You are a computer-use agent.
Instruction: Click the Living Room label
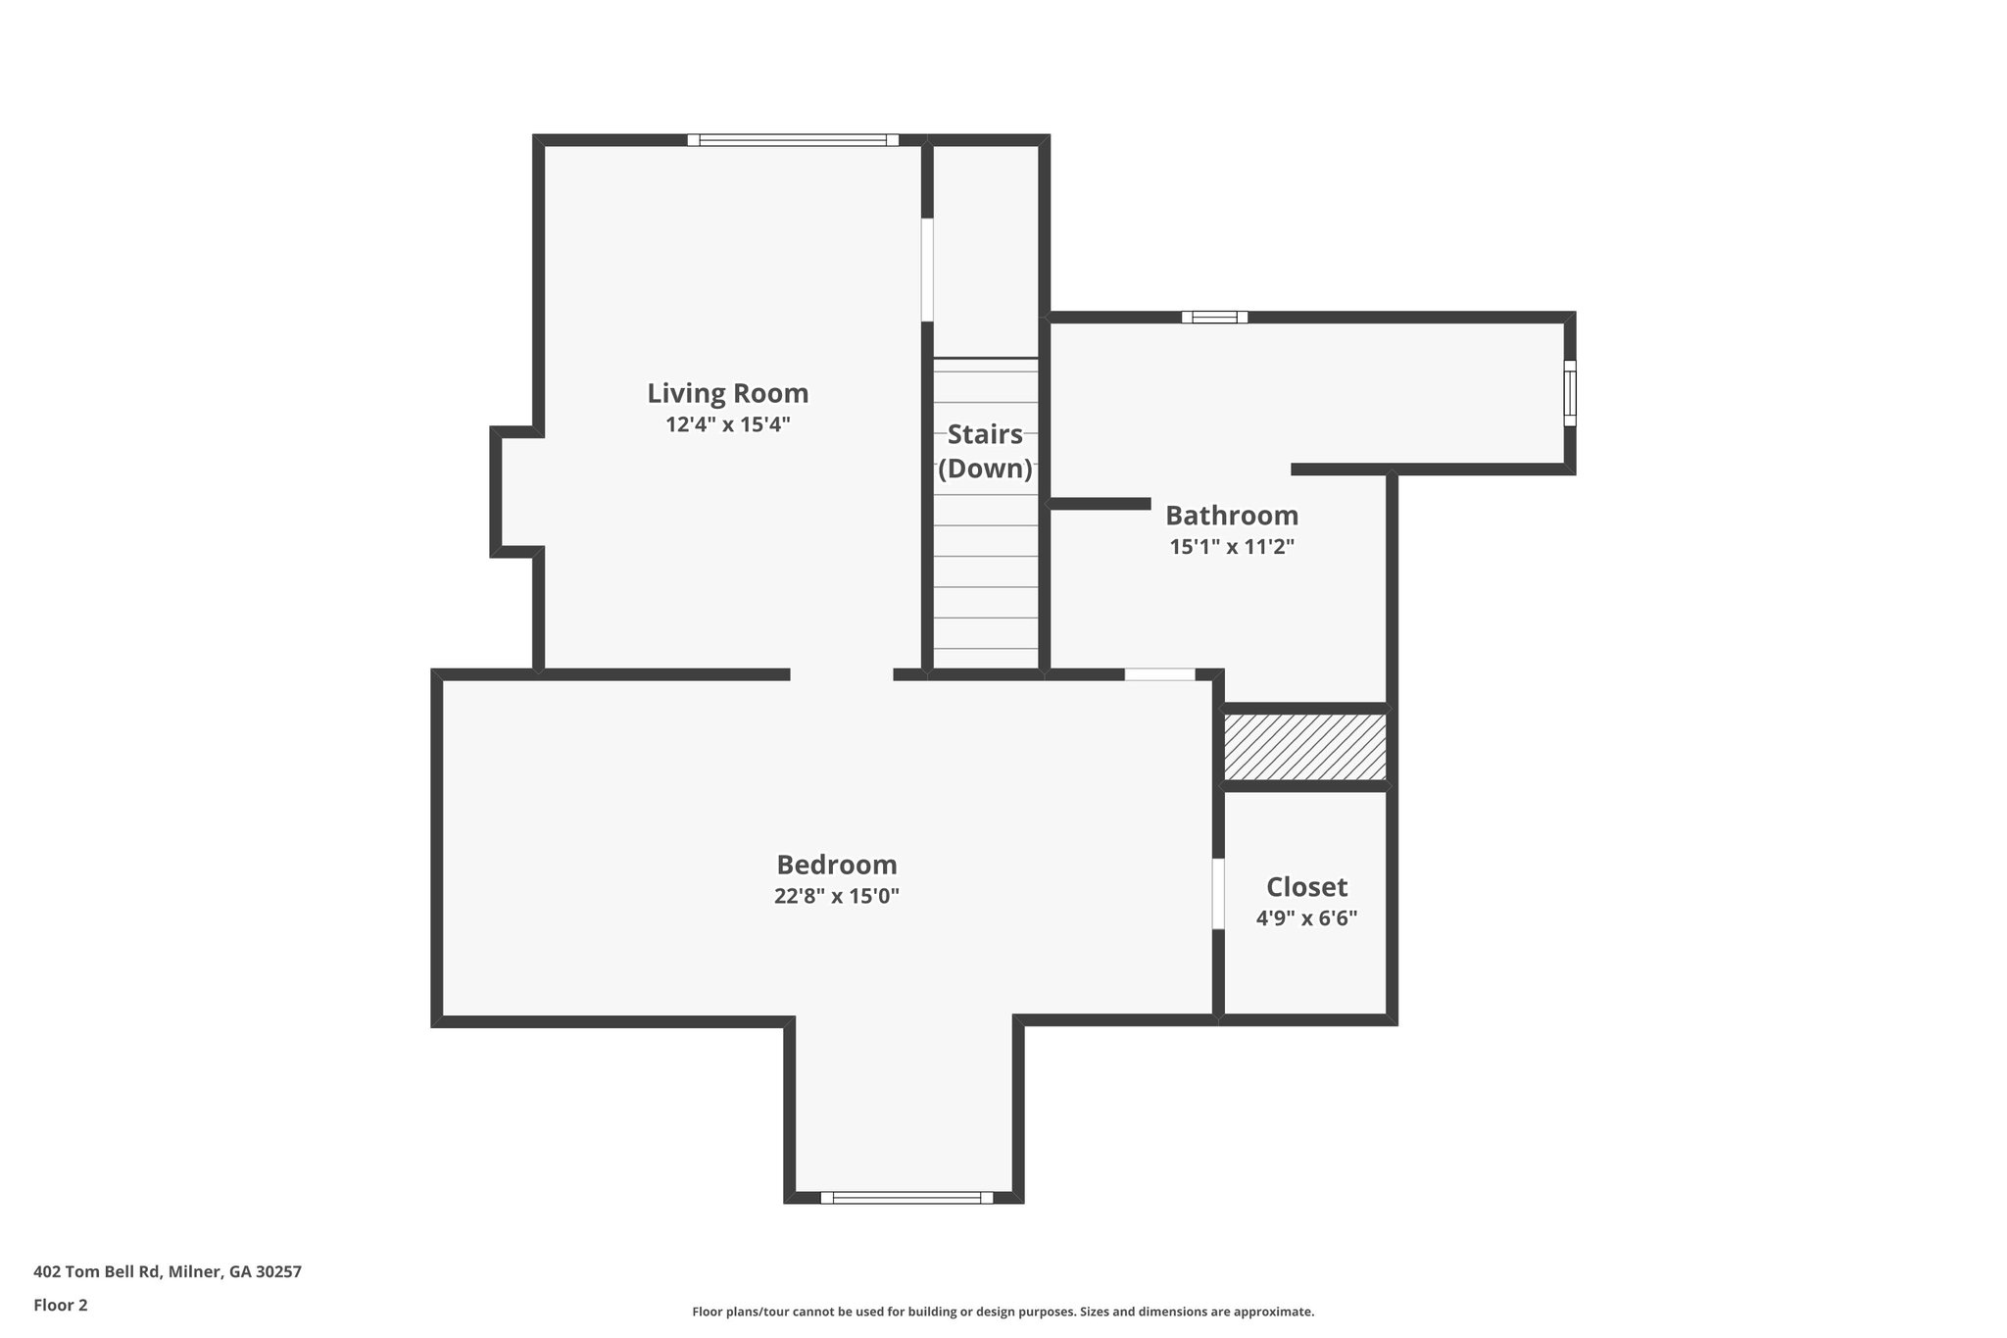click(x=727, y=393)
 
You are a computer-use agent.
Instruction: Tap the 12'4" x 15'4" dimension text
click(x=727, y=424)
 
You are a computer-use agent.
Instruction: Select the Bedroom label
click(x=836, y=865)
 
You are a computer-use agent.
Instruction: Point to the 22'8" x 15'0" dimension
click(x=836, y=896)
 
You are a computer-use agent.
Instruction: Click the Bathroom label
click(x=1231, y=515)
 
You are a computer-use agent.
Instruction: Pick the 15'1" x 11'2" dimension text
click(x=1231, y=547)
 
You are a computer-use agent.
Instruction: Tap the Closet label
click(x=1306, y=887)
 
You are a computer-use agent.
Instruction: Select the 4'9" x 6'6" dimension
click(x=1306, y=918)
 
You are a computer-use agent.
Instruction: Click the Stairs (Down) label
click(x=985, y=451)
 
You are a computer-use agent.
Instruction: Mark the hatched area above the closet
click(x=1305, y=747)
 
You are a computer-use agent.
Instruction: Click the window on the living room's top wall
click(x=793, y=140)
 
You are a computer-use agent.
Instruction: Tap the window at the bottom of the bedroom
click(x=906, y=1197)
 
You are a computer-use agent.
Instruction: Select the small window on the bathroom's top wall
click(x=1214, y=317)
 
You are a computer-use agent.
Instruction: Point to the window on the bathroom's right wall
click(x=1569, y=393)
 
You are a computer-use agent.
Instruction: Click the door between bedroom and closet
click(x=1218, y=893)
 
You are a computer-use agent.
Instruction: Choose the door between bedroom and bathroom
click(x=1159, y=674)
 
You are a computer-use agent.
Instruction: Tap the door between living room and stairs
click(x=927, y=270)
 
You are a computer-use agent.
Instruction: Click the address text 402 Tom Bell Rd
click(x=168, y=1271)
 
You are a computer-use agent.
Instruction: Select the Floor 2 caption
click(x=61, y=1305)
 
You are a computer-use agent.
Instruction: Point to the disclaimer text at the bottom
click(x=1003, y=1312)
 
